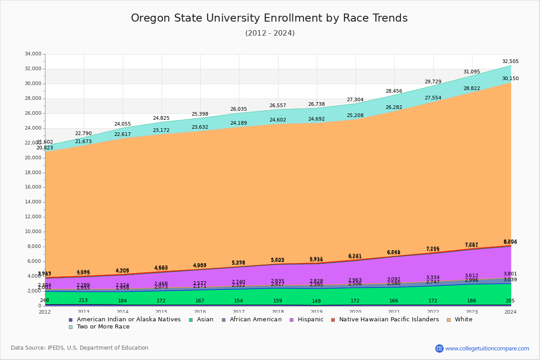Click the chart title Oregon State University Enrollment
pos(269,18)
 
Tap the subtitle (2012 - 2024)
pos(270,33)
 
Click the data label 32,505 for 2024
pos(510,62)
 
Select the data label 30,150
pos(510,79)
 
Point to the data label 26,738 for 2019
pos(316,104)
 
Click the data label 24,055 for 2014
pos(122,124)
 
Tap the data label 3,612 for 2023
pos(471,276)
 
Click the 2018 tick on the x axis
pos(278,312)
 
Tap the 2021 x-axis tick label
pos(394,312)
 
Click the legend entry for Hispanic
pos(306,319)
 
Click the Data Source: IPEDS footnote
pos(80,348)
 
